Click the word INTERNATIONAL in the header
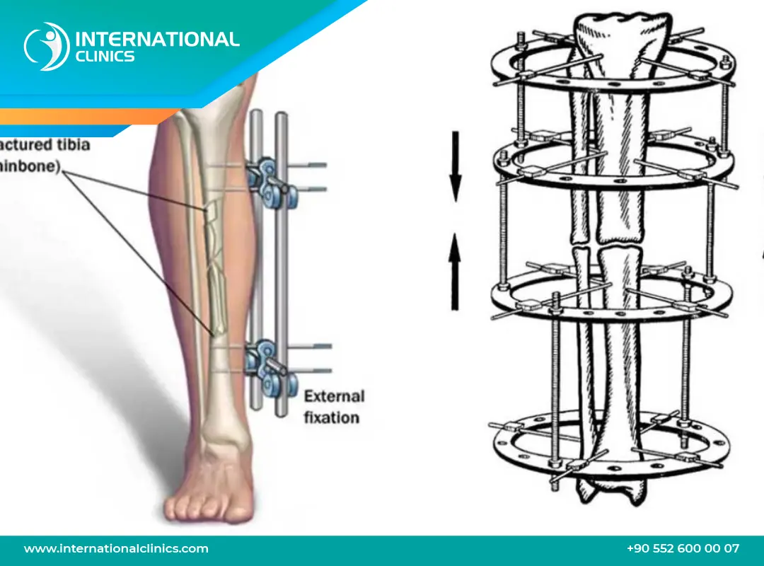coord(156,39)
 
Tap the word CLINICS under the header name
coord(104,57)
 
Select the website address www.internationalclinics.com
coord(116,548)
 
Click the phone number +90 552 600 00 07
coord(683,548)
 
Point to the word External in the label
coord(334,396)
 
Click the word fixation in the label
coord(331,417)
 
